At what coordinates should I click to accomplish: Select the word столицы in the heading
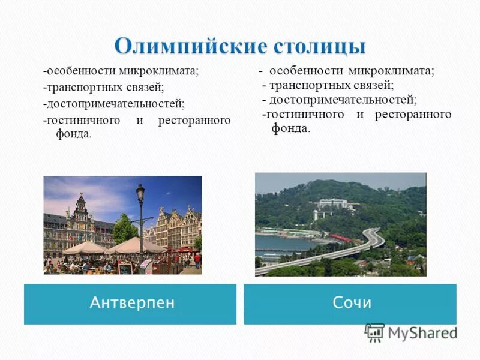tap(319, 46)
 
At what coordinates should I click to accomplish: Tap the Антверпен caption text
tap(132, 302)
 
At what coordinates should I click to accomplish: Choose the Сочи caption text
tap(352, 302)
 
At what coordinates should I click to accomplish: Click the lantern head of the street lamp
tap(140, 194)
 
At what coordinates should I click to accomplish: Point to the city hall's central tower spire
tap(80, 201)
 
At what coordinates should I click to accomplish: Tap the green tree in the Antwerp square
tap(125, 229)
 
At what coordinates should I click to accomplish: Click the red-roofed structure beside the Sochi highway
tap(340, 238)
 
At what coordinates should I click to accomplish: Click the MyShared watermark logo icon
tap(374, 332)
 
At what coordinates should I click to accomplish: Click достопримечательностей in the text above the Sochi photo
tap(343, 100)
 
